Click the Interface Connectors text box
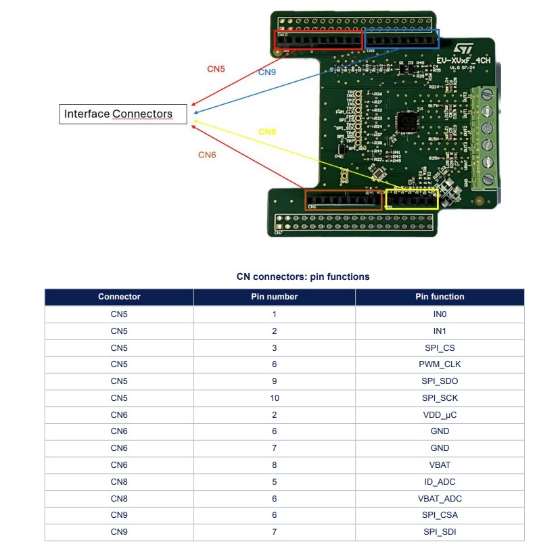click(122, 114)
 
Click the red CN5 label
click(216, 69)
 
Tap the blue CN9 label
click(267, 72)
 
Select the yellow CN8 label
click(267, 131)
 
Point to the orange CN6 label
click(207, 155)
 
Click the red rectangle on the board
click(318, 41)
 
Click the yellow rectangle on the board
click(412, 199)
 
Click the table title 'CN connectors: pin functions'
click(303, 277)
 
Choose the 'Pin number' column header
click(274, 297)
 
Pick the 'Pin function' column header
click(440, 297)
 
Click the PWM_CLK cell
click(440, 364)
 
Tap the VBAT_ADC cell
click(440, 498)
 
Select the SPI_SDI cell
click(440, 532)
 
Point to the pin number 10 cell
click(274, 397)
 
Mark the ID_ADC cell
click(440, 482)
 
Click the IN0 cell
click(440, 314)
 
